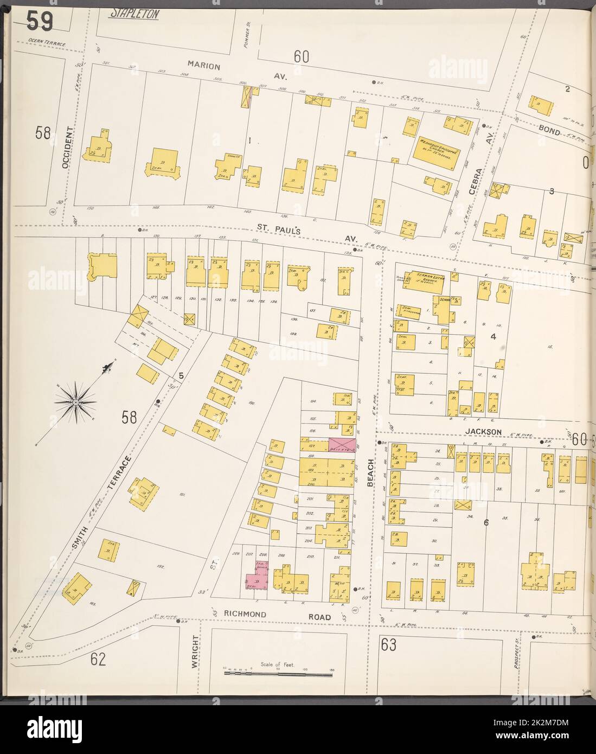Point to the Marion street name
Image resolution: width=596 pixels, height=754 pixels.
(204, 66)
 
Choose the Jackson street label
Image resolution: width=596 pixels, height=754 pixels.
(491, 432)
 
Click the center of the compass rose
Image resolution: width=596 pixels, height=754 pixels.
(75, 402)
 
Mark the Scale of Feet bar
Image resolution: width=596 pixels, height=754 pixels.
(278, 674)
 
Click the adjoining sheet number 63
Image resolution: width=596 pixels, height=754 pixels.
(388, 646)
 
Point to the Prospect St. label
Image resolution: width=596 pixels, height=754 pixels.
(517, 654)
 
